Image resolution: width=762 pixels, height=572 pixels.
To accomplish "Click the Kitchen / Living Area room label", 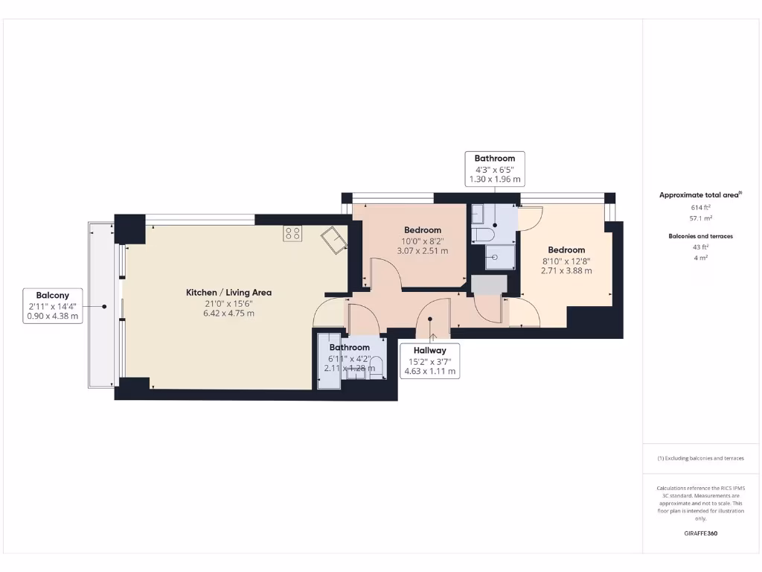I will click(x=228, y=293).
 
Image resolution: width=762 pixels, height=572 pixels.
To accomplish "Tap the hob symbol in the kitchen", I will click(x=292, y=234).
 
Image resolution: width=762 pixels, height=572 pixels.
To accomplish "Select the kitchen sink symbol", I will click(x=333, y=241).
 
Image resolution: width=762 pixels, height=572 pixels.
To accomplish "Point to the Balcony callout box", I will click(x=52, y=306).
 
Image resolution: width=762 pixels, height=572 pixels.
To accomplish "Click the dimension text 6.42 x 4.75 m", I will click(x=228, y=314).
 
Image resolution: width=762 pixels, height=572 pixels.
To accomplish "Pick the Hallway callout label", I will click(x=430, y=350).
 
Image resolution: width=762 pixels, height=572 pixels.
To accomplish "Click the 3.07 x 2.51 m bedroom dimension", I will click(x=422, y=251).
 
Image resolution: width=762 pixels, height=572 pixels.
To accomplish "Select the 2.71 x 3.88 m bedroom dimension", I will click(x=566, y=271).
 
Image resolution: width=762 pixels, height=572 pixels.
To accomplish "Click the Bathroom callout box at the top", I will click(x=495, y=169).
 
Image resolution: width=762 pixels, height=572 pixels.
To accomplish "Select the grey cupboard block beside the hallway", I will click(x=489, y=285).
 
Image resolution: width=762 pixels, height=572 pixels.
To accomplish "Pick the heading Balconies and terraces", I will click(x=700, y=236).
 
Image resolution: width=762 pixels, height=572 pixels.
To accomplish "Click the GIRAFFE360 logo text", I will click(x=700, y=533).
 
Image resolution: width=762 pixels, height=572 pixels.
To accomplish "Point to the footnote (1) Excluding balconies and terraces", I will click(x=700, y=458).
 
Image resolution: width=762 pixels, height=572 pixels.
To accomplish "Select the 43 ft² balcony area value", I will click(x=700, y=247).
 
